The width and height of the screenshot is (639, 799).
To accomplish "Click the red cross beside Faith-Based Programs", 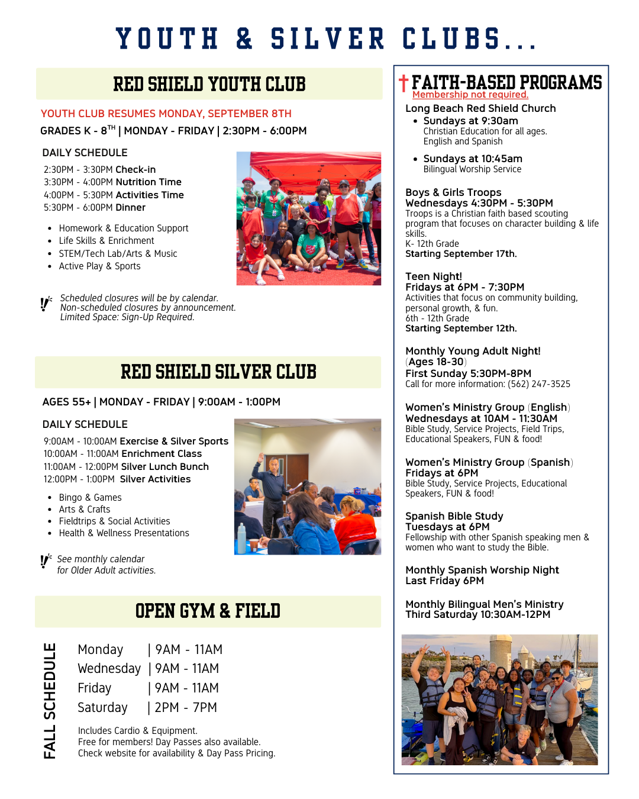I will pyautogui.click(x=404, y=83).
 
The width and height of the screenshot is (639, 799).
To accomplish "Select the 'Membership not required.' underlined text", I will pyautogui.click(x=470, y=95).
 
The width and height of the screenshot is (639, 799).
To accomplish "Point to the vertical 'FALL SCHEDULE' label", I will pyautogui.click(x=50, y=701).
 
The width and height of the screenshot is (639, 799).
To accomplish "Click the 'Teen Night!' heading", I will pyautogui.click(x=434, y=276).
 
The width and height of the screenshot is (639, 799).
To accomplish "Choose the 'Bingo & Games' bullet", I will pyautogui.click(x=90, y=498).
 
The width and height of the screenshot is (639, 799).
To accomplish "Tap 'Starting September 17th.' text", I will pyautogui.click(x=461, y=254).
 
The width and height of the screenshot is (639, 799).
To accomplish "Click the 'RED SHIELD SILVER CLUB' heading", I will pyautogui.click(x=218, y=372).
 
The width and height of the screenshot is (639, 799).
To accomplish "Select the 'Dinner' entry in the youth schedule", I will pyautogui.click(x=130, y=208).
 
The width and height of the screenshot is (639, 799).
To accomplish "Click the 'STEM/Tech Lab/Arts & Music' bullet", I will pyautogui.click(x=118, y=254).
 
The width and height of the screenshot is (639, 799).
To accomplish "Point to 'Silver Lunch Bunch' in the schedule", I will pyautogui.click(x=164, y=467).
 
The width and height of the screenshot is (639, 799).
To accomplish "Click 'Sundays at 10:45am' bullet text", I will pyautogui.click(x=472, y=159).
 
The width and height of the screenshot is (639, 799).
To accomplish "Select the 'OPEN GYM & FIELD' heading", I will pyautogui.click(x=208, y=611).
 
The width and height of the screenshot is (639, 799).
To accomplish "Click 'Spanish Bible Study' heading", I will pyautogui.click(x=454, y=516).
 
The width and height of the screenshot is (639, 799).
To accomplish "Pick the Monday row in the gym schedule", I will pyautogui.click(x=150, y=650).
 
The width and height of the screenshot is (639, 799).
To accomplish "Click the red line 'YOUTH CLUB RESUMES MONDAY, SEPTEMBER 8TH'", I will pyautogui.click(x=166, y=114).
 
